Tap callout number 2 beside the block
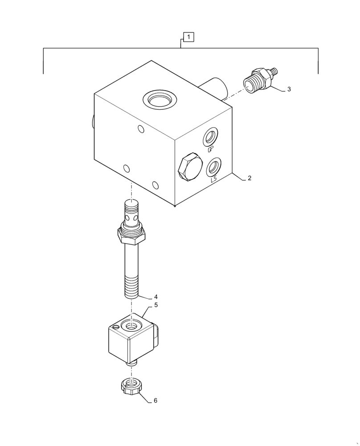point(250,178)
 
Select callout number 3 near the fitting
point(289,89)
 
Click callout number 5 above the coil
point(156,305)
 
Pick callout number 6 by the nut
point(155,401)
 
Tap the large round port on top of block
point(160,99)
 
